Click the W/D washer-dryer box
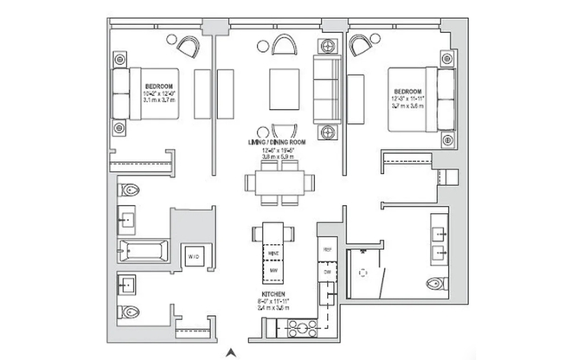(x=191, y=255)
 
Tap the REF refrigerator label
(x=328, y=248)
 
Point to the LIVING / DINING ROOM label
(x=279, y=140)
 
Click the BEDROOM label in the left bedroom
(x=158, y=87)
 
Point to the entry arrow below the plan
(x=230, y=351)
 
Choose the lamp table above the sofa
(x=327, y=45)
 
